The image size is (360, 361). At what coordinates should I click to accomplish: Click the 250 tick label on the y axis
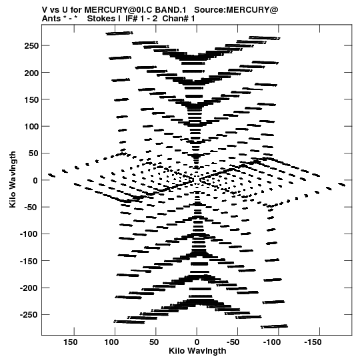point(31,46)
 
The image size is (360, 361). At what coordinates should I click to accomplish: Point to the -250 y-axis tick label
point(28,315)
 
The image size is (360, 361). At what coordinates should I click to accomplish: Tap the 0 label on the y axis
point(35,180)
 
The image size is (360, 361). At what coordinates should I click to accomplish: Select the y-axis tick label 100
point(31,126)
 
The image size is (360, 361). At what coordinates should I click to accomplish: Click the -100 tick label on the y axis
point(28,234)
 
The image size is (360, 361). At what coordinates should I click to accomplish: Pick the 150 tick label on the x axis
point(70,342)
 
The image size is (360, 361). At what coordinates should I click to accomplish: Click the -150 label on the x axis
point(313,342)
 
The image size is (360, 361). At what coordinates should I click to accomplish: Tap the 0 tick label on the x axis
point(197,342)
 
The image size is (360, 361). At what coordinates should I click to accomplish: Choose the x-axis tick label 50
point(154,342)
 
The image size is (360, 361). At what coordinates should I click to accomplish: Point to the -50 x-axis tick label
point(233,342)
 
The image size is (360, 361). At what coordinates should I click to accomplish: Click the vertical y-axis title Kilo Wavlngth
point(13,179)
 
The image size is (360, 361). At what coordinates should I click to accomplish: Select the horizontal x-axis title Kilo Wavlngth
point(197,351)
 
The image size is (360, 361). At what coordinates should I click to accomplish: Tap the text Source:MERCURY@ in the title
point(236,10)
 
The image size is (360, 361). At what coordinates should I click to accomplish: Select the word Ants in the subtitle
point(51,19)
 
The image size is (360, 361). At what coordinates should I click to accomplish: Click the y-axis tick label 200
point(31,73)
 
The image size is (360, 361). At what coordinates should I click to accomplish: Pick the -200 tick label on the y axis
point(28,288)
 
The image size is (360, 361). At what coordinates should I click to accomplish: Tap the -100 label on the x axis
point(272,342)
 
